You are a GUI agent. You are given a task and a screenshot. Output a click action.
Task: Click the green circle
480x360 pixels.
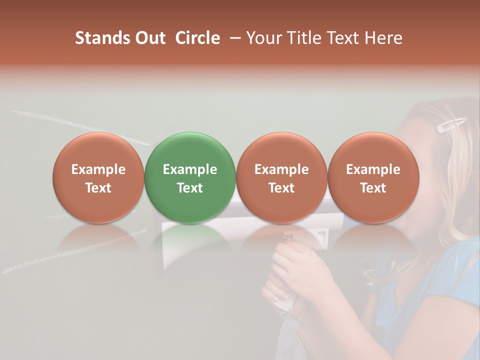coord(190,177)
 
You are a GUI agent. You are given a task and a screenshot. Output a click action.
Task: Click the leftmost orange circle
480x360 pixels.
coord(98,177)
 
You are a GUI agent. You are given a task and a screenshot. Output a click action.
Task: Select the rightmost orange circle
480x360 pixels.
coord(373,177)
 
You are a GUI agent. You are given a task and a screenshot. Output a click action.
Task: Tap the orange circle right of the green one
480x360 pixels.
coord(281,177)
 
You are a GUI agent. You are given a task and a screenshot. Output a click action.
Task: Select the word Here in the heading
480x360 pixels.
coord(384,38)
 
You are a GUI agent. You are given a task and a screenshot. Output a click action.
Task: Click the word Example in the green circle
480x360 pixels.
coord(190,169)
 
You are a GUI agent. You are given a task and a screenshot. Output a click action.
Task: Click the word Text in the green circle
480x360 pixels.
coord(190,188)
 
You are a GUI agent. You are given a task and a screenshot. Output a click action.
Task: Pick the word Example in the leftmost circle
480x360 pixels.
coord(98,169)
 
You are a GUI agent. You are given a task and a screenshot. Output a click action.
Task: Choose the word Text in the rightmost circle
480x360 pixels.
coord(373,188)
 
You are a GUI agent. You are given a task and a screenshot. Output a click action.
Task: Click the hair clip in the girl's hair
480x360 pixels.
coord(451,125)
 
